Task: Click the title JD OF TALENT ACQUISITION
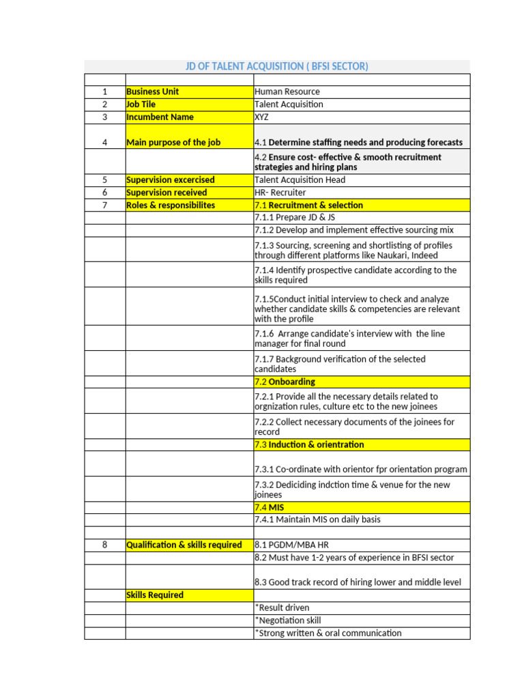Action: (276, 66)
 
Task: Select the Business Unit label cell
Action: (153, 91)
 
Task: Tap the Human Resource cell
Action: (287, 91)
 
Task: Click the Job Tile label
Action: (141, 104)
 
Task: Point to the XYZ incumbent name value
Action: (262, 117)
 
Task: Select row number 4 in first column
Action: (104, 143)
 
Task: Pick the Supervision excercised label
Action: (171, 180)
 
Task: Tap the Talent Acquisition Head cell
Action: (300, 180)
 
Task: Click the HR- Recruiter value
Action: (280, 192)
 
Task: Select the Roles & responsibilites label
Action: (171, 205)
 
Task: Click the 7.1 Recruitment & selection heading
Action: (308, 205)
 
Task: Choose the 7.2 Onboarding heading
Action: (285, 382)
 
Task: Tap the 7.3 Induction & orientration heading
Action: (309, 444)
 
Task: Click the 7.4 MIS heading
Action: (269, 507)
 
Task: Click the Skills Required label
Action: (155, 595)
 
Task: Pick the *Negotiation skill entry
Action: (287, 620)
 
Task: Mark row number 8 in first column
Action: (104, 545)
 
